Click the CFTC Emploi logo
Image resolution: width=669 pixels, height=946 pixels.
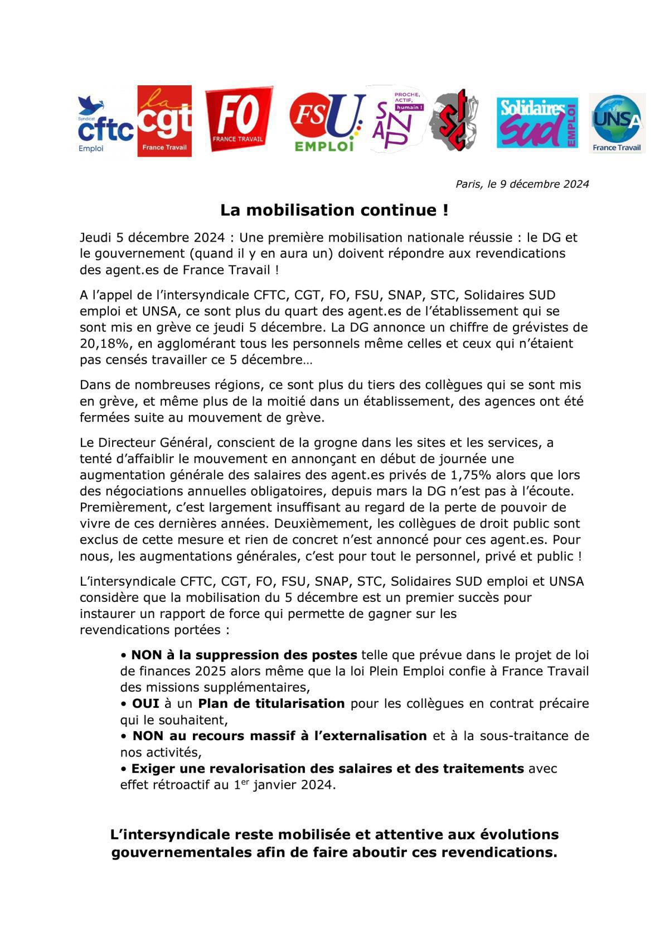(x=106, y=124)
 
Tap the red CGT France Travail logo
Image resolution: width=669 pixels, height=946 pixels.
(x=164, y=121)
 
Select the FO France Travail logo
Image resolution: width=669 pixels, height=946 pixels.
(x=239, y=119)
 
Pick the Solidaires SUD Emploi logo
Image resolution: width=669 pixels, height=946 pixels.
(x=537, y=123)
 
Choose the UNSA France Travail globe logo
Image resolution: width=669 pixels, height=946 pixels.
(x=617, y=123)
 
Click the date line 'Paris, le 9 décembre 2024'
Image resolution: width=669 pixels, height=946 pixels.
(x=522, y=184)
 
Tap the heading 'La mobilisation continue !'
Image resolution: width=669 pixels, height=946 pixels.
(x=334, y=210)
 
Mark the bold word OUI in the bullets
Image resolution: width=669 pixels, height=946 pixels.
(x=145, y=703)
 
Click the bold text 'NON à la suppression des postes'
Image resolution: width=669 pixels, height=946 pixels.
(x=244, y=654)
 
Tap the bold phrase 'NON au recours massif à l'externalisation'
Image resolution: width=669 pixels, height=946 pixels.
(x=279, y=736)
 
